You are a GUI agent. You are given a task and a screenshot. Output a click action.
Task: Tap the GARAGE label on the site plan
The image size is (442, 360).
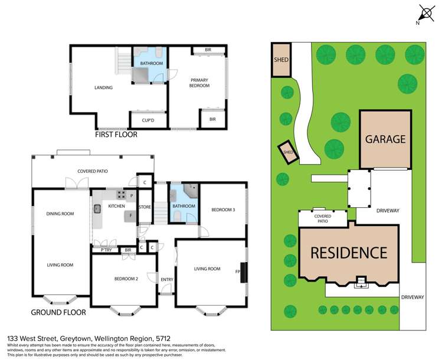[385, 140]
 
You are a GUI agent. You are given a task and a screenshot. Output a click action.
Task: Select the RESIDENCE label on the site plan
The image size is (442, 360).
[349, 253]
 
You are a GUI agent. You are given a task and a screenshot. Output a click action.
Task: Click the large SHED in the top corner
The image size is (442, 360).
[280, 60]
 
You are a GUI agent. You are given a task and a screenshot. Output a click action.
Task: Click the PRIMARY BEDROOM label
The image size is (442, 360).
[199, 83]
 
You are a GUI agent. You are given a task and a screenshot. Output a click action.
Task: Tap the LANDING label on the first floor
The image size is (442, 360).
[103, 88]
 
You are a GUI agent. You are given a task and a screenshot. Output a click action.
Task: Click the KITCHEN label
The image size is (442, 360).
[116, 206]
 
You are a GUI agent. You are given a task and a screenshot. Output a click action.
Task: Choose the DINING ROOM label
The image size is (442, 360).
[60, 213]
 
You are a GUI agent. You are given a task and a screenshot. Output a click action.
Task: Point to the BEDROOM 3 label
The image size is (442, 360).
[224, 210]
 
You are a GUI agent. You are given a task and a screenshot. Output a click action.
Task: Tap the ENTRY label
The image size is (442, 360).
[166, 280]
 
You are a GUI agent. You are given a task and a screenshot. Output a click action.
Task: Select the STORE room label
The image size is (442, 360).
[145, 207]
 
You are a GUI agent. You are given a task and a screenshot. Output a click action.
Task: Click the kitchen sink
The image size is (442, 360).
[98, 208]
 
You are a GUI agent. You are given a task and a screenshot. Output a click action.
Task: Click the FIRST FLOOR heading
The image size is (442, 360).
[116, 135]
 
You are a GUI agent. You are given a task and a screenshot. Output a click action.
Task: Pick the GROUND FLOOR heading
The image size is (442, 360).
[58, 312]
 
